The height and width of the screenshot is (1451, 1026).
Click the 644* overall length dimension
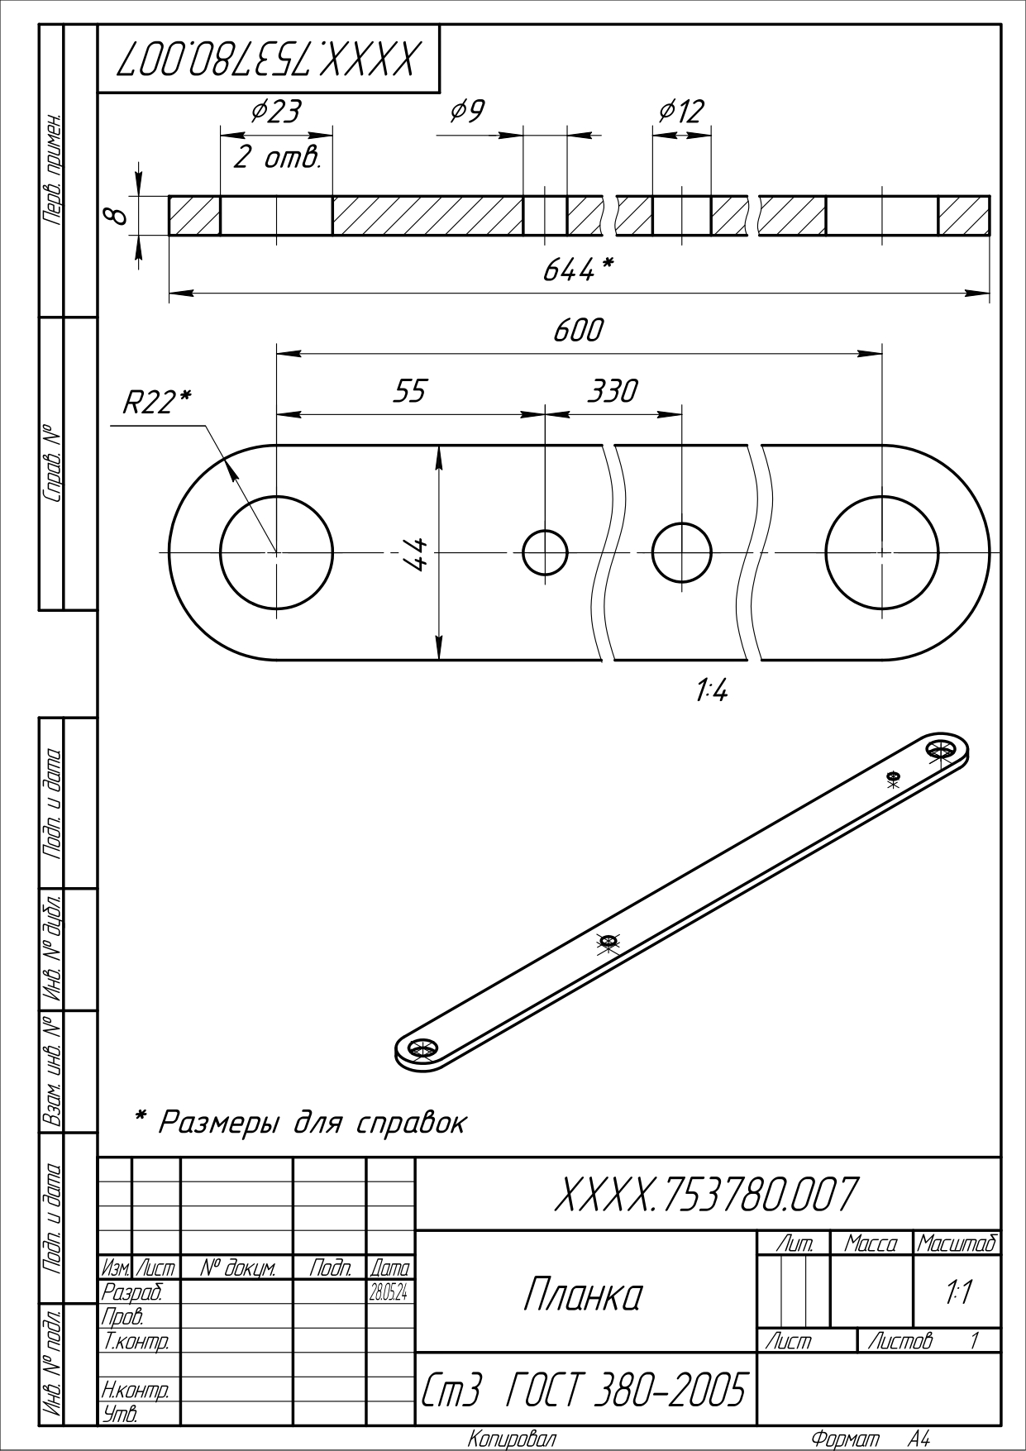[578, 270]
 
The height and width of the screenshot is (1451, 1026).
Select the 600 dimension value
[578, 331]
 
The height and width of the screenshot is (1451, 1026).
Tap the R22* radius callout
[156, 403]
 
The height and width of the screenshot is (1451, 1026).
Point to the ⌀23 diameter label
[275, 112]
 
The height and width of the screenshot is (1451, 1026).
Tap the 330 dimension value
[612, 390]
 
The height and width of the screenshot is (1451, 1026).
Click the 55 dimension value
[408, 390]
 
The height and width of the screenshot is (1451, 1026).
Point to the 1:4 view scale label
[711, 690]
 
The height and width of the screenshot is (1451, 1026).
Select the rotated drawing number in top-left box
[269, 60]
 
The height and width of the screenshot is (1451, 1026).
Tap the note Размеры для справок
[301, 1123]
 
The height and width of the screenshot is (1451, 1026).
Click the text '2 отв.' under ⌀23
[276, 158]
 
